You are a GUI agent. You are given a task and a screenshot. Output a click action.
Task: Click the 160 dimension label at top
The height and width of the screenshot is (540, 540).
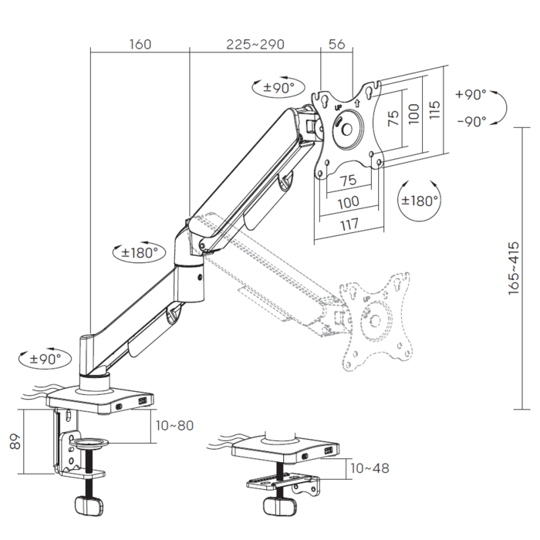tap(140, 45)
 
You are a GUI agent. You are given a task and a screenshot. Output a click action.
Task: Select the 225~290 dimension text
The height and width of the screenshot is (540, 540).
tap(255, 45)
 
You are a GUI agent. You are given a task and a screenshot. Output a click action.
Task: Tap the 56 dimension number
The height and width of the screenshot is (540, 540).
tap(336, 45)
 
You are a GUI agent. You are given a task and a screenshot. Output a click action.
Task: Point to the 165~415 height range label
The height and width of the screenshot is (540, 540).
tap(514, 268)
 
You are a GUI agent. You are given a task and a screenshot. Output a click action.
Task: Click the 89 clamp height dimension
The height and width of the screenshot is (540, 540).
tap(15, 441)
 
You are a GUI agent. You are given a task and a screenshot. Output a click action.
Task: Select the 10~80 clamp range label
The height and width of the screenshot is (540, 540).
tap(174, 426)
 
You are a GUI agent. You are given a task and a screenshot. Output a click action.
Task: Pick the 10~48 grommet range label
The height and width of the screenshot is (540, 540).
tap(370, 468)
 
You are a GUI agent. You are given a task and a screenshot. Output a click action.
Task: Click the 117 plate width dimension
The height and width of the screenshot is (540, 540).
tap(349, 224)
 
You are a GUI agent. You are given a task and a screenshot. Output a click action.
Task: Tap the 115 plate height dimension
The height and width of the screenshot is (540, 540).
tap(434, 110)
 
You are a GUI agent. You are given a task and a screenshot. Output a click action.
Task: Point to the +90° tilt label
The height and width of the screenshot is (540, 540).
tap(471, 94)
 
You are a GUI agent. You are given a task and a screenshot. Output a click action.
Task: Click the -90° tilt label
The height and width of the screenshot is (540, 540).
tap(472, 122)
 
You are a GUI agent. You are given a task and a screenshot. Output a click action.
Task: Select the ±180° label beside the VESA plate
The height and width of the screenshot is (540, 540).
tap(420, 201)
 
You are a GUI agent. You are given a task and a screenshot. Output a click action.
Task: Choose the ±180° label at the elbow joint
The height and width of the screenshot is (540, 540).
tap(140, 253)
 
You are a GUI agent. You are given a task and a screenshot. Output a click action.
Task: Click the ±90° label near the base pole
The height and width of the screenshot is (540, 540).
tap(45, 359)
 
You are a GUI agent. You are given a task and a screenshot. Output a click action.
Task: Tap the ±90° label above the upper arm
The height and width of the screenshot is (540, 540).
tap(279, 88)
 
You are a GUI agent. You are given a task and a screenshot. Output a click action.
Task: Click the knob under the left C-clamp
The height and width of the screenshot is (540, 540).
tap(89, 505)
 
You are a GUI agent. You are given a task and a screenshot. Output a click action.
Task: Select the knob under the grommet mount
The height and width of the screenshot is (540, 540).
tap(279, 507)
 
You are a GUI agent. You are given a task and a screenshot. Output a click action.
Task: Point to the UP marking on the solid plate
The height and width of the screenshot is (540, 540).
tap(338, 108)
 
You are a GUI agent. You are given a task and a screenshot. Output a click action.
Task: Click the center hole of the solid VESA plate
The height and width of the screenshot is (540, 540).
tap(347, 130)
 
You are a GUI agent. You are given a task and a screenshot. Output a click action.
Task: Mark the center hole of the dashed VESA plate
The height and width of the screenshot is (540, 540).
tap(375, 321)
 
